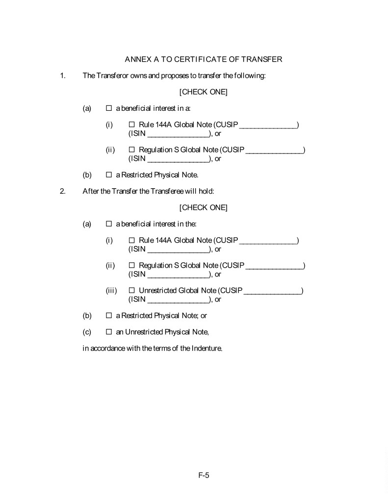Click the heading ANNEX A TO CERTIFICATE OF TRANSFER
[204, 59]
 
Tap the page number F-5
[204, 475]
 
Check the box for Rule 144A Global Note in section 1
[131, 125]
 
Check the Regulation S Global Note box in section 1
[131, 150]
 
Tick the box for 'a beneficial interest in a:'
[109, 108]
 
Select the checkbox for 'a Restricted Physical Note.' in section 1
[109, 175]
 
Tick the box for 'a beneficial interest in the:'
[109, 224]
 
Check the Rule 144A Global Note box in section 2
[131, 241]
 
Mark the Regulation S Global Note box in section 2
[131, 266]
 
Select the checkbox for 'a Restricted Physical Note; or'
[109, 316]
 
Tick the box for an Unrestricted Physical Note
[109, 332]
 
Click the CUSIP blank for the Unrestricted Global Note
[272, 292]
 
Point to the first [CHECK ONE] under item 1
[204, 92]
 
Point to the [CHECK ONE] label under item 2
[204, 208]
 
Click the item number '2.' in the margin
[62, 191]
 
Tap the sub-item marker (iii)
[111, 291]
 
